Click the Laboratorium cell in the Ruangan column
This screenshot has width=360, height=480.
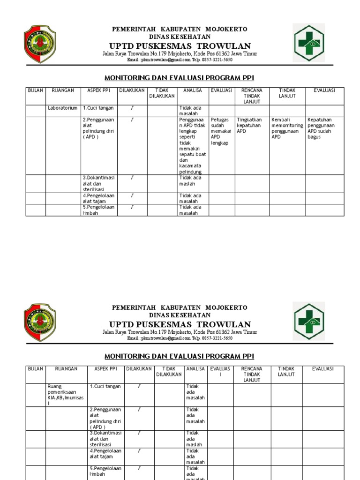click(62, 108)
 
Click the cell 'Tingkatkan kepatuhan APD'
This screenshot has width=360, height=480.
click(252, 126)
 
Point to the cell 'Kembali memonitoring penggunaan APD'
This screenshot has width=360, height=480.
click(287, 128)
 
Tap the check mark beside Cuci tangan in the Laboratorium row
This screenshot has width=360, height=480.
click(132, 108)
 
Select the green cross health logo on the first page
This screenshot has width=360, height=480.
click(308, 43)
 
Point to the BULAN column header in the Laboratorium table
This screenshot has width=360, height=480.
click(35, 90)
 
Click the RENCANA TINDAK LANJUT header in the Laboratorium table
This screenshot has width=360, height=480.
click(252, 96)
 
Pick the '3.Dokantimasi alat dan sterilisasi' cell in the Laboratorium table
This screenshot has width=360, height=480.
click(98, 184)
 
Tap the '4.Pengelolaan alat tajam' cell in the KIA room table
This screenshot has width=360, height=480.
click(105, 454)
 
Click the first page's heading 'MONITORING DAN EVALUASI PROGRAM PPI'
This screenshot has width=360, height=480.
click(179, 78)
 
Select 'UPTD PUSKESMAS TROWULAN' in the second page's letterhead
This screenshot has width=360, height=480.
click(180, 324)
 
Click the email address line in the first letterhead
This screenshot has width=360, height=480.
click(180, 60)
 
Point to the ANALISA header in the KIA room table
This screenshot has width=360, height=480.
click(195, 369)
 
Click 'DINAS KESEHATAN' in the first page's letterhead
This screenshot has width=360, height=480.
click(180, 37)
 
